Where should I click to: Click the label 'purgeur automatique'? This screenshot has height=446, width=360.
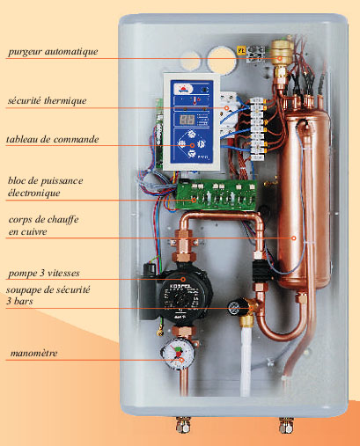pyautogui.click(x=53, y=52)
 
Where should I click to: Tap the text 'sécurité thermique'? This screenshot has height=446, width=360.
pyautogui.click(x=48, y=101)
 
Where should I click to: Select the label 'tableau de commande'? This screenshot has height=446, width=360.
pyautogui.click(x=53, y=139)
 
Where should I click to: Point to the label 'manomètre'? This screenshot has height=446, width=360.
pyautogui.click(x=33, y=353)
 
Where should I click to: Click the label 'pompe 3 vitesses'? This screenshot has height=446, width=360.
pyautogui.click(x=44, y=274)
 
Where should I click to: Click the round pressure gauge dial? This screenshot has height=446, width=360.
pyautogui.click(x=178, y=353)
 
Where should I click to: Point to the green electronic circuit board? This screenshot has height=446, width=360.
pyautogui.click(x=216, y=195)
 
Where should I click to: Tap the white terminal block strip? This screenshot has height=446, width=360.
pyautogui.click(x=258, y=129)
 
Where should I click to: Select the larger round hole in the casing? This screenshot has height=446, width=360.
pyautogui.click(x=222, y=61)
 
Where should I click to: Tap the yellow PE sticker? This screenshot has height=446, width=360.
pyautogui.click(x=241, y=50)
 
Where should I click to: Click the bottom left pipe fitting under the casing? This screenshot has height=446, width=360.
pyautogui.click(x=183, y=425)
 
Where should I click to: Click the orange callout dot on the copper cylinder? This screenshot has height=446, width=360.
pyautogui.click(x=293, y=238)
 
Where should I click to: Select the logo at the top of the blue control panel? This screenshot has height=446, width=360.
pyautogui.click(x=182, y=88)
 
